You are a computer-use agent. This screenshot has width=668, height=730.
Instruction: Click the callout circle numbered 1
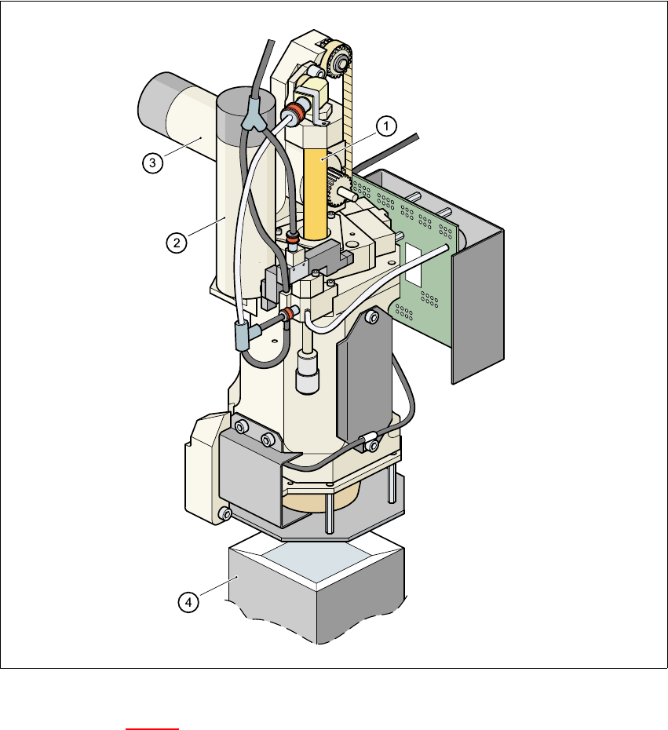[386, 126]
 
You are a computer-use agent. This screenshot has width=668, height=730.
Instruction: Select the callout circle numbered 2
[177, 243]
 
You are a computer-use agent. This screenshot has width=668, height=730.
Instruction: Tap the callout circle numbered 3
[153, 163]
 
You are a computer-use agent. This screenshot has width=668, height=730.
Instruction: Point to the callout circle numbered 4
[188, 602]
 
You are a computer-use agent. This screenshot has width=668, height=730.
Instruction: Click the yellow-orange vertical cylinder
[315, 192]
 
